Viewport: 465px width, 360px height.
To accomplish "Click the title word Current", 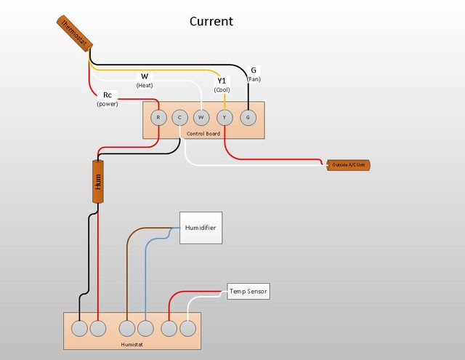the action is [x=211, y=21].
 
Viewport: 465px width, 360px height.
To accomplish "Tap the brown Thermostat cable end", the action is [x=74, y=33].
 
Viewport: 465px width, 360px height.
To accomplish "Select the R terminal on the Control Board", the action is [x=158, y=118].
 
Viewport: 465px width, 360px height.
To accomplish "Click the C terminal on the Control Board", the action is [x=179, y=118].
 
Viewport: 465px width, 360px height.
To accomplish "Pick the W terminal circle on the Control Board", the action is [x=201, y=118].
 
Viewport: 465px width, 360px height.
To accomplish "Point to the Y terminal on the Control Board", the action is [x=225, y=118].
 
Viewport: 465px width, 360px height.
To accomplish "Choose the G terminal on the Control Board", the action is [x=248, y=118].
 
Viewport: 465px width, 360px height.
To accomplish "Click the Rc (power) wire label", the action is [x=108, y=99].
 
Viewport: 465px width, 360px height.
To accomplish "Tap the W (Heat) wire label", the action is [x=145, y=81].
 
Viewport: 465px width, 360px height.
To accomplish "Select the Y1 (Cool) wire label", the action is [x=222, y=85].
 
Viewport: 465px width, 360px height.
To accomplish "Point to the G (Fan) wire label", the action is [x=254, y=74].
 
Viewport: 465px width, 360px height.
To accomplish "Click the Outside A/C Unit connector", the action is [x=349, y=165].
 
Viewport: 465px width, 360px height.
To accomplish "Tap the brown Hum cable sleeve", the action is [x=98, y=182].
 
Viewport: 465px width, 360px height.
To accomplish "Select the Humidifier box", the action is [x=201, y=228].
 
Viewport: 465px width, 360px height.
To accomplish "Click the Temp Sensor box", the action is [x=248, y=292].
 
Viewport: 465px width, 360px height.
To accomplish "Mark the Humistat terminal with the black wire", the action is [x=79, y=329].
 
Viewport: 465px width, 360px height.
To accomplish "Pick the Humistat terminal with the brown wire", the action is [x=127, y=329].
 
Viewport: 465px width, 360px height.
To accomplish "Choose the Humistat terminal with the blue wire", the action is [x=145, y=329].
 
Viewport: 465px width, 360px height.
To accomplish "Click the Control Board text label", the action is [x=203, y=134].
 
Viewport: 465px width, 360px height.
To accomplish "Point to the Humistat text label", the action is [x=132, y=345].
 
